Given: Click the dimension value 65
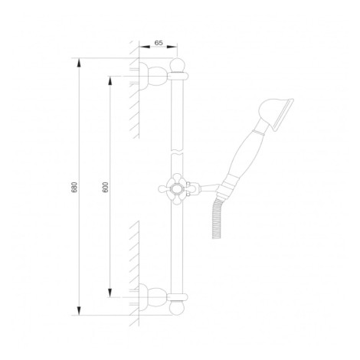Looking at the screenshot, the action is tap(159, 43).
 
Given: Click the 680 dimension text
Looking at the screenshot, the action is tap(74, 187).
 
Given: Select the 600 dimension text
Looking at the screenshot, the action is tap(105, 187).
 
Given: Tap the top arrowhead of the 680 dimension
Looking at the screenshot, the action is tap(79, 64).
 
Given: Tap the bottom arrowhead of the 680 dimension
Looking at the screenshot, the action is tap(79, 310).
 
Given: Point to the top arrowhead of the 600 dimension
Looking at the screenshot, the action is tap(110, 81).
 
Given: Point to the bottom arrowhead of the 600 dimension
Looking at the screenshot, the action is tap(110, 293).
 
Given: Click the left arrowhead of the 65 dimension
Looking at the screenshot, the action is tap(144, 47).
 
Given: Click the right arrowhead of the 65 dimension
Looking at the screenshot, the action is tap(172, 47).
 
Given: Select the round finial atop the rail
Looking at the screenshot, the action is tap(177, 64).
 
